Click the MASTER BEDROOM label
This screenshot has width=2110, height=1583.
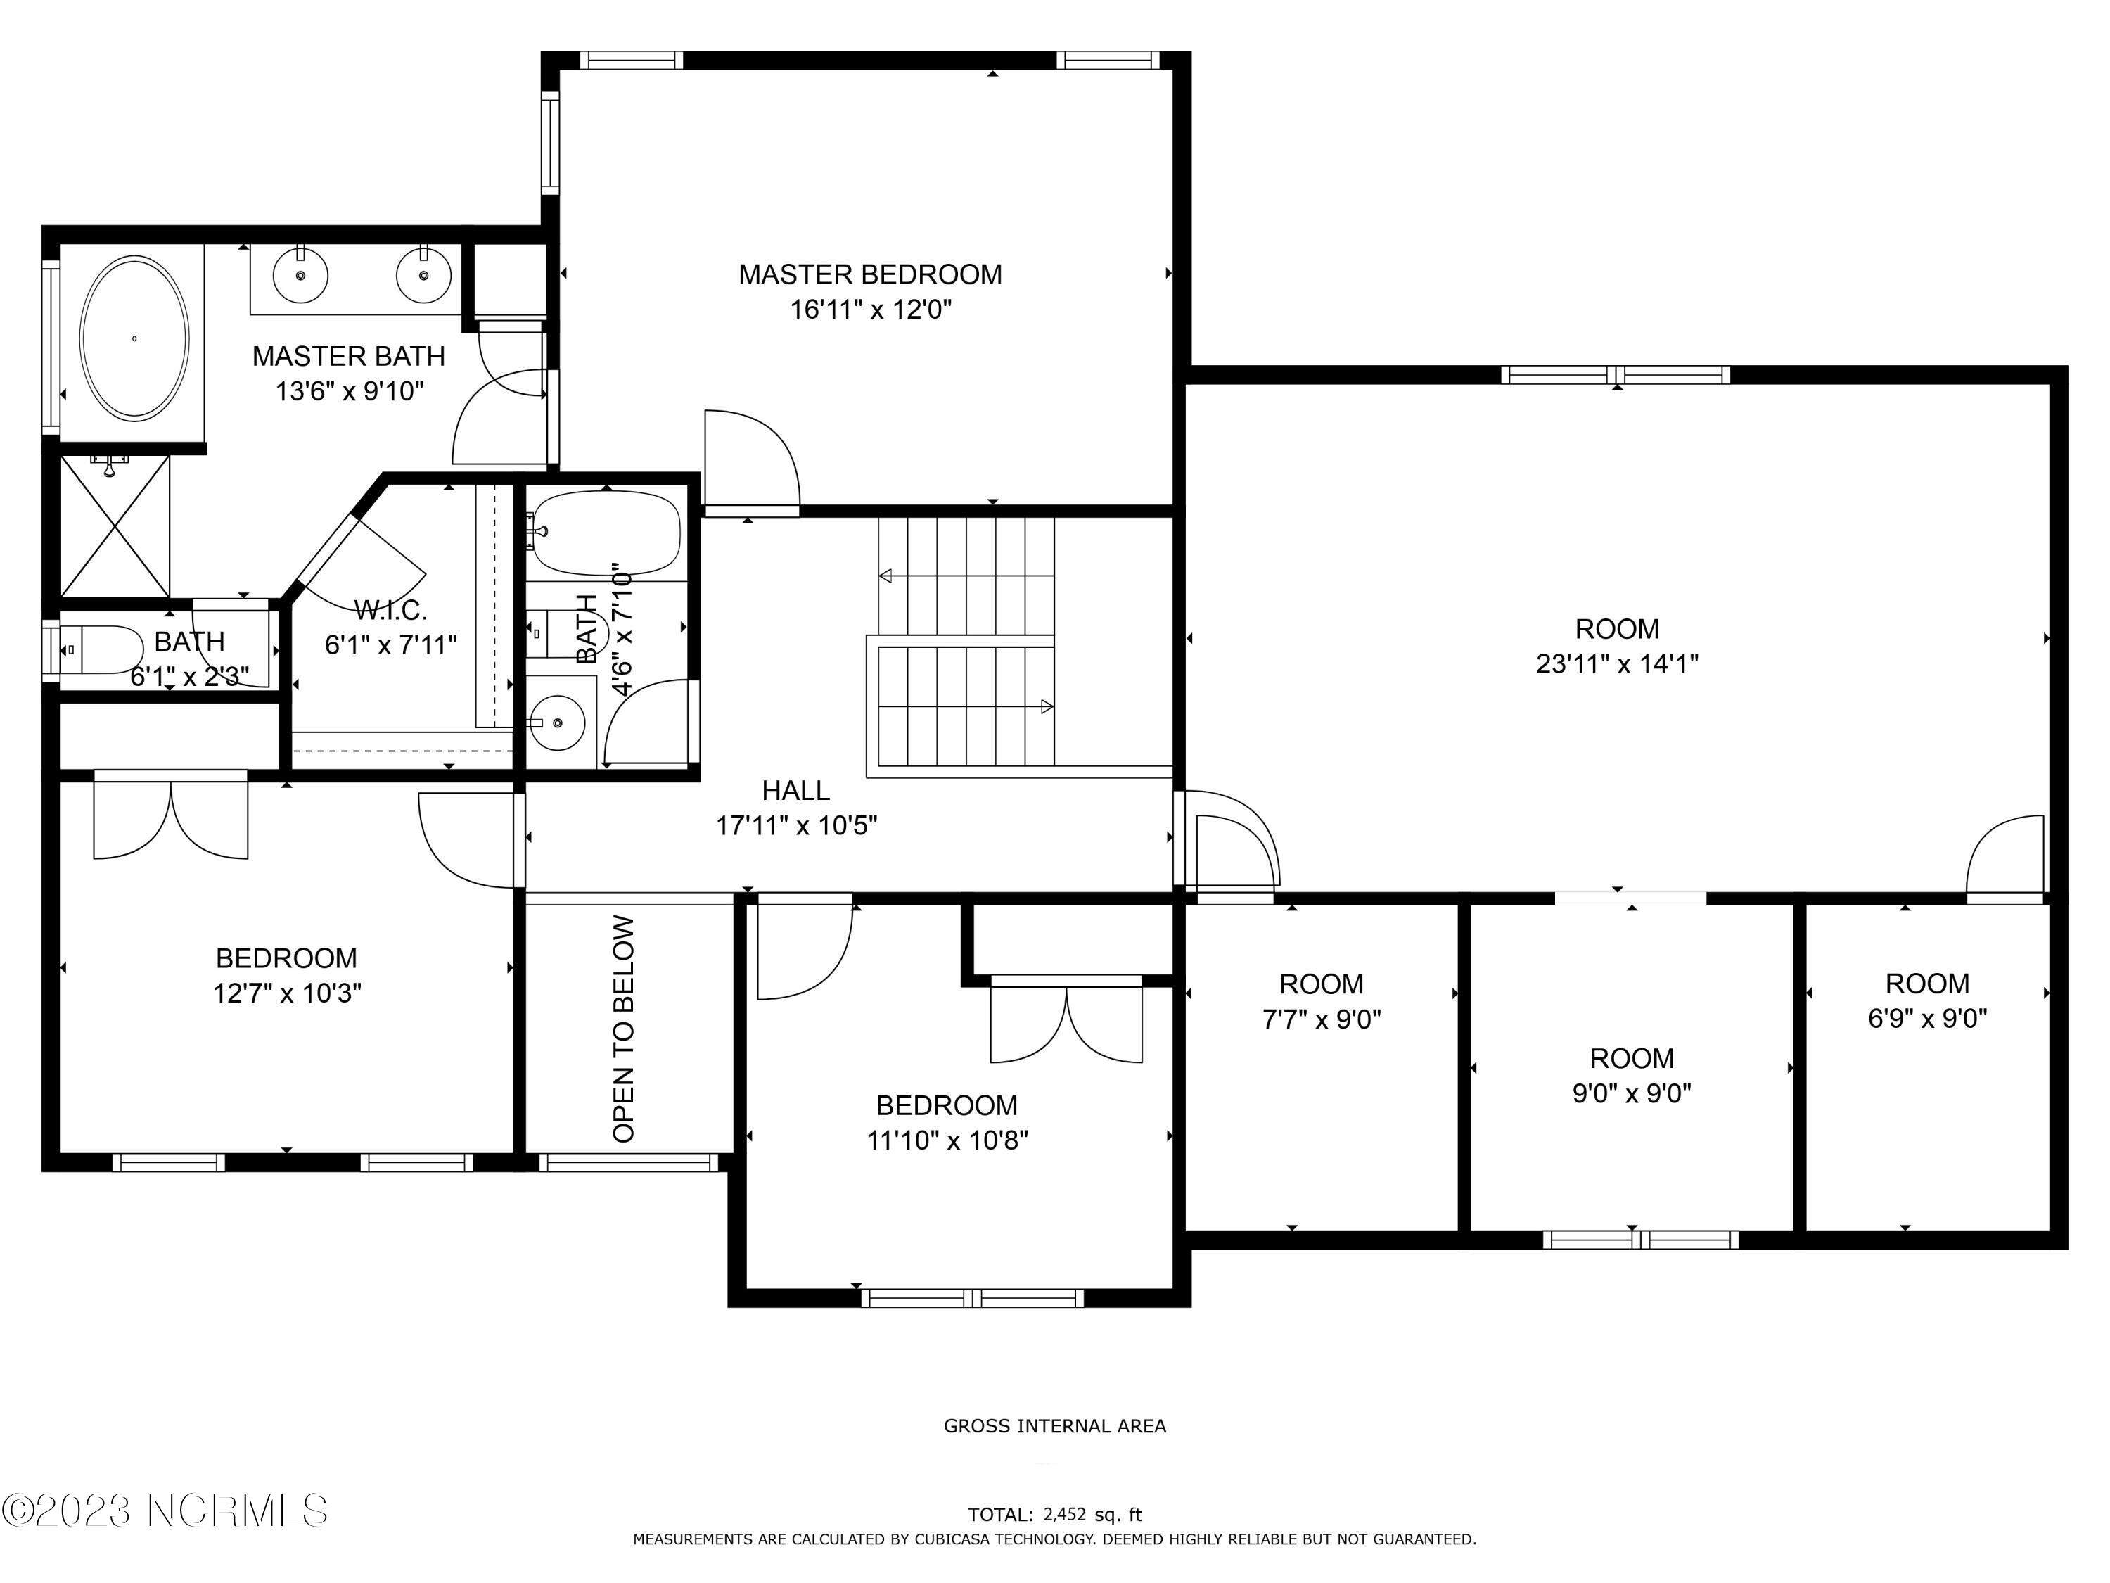870,275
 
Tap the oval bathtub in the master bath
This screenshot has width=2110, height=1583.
134,338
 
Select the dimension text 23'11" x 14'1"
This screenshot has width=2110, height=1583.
1617,664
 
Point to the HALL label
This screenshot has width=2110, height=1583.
795,790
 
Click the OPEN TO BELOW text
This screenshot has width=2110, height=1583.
623,1029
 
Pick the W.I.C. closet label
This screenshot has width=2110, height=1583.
390,610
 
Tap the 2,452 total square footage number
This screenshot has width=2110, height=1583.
1065,1514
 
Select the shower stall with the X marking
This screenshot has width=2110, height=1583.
115,527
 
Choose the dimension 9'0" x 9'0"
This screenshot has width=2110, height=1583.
1632,1093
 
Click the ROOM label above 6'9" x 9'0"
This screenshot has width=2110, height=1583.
1927,984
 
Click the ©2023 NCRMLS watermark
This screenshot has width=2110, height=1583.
165,1511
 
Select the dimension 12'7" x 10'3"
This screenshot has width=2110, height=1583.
286,993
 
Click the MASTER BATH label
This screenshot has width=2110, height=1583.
348,356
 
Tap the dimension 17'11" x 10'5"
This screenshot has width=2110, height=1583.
796,825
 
